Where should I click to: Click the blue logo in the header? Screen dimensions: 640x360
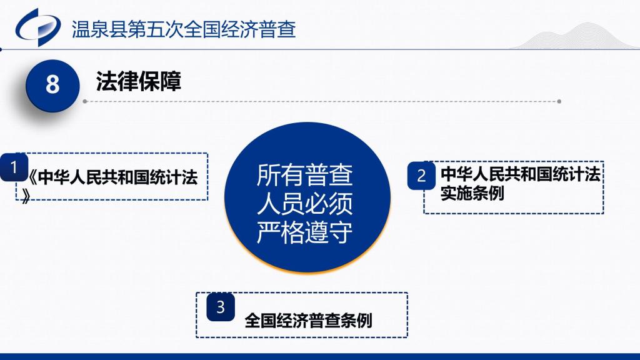(38, 27)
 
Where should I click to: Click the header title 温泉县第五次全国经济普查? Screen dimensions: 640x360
(184, 29)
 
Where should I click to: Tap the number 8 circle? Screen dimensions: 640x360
(52, 85)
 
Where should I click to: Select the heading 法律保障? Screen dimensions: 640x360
(138, 81)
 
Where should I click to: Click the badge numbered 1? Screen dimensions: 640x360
(14, 167)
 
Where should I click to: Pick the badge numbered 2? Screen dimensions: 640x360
(421, 176)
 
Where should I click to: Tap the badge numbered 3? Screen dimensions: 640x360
(221, 307)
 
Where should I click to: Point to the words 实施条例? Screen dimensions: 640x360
(472, 193)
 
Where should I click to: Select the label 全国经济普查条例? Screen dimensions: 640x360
(308, 320)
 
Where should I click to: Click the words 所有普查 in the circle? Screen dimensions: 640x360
(304, 175)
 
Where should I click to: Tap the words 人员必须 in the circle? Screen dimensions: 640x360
(304, 204)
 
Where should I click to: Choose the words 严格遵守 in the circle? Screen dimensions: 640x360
(304, 232)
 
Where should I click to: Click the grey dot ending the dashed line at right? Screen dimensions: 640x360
(559, 101)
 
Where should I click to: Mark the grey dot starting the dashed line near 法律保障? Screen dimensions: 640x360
(85, 101)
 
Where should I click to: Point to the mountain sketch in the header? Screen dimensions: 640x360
(576, 36)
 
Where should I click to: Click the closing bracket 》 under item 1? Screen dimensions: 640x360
(26, 196)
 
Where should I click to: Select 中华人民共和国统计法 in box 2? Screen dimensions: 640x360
(521, 174)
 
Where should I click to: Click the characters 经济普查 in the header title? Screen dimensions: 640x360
(259, 29)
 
